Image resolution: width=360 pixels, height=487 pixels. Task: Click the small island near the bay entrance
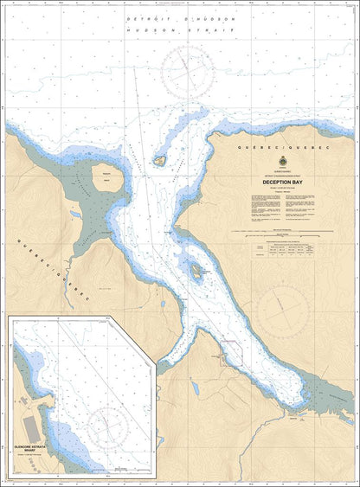[160, 160]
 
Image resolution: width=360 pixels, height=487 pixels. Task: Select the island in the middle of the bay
[198, 271]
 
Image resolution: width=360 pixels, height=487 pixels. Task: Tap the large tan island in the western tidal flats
[108, 179]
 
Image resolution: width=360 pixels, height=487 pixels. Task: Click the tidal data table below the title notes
[278, 250]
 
